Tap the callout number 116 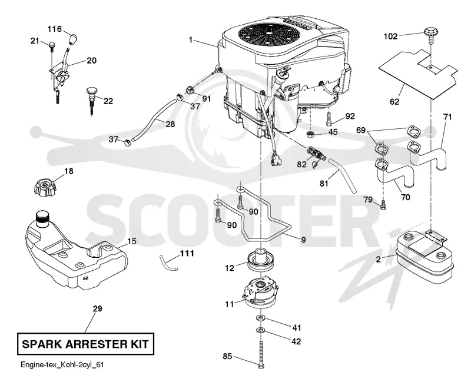click(x=54, y=29)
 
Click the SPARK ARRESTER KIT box click(x=85, y=344)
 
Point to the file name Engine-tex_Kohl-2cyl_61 click(x=62, y=365)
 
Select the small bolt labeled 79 click(x=383, y=205)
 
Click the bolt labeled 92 click(x=329, y=119)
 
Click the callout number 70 click(x=405, y=197)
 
